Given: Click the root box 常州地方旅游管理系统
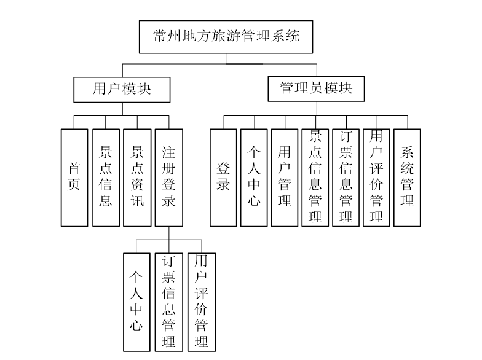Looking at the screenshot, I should point(226,37).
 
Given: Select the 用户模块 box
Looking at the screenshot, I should point(122,89).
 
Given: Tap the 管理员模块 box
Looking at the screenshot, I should point(317,89).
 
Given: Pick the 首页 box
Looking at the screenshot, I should point(74,178).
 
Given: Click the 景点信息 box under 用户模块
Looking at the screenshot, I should point(106,178).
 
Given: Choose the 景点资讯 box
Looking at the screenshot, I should point(137,178).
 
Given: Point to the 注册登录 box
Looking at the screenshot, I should point(168,178).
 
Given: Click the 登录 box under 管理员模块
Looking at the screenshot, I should point(223,178).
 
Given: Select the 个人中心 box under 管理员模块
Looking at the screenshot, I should point(254,178).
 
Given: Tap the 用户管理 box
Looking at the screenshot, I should point(285,178).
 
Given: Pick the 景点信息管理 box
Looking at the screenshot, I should point(315,178).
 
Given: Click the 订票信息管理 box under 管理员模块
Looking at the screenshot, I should point(346,178).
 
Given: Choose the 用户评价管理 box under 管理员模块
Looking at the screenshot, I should point(376,178).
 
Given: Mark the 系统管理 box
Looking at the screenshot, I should point(407,178).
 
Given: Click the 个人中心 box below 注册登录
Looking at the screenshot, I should point(136,301).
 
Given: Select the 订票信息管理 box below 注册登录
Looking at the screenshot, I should point(168,301).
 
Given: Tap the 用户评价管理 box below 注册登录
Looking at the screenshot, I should point(201,301).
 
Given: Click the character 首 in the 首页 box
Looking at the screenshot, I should point(74,168).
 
